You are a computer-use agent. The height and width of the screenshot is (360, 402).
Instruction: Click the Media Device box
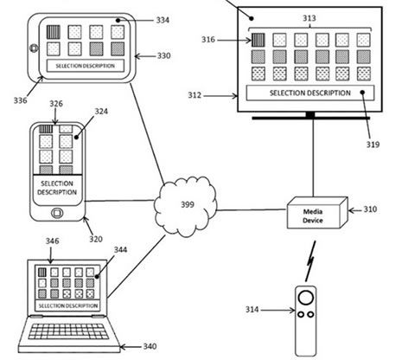point(317,213)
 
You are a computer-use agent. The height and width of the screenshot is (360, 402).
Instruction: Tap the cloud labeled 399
point(185,205)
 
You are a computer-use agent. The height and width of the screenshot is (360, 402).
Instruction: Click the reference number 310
point(370,209)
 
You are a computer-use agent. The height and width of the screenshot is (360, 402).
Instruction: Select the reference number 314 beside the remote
point(252,310)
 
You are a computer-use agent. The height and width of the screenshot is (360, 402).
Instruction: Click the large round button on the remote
point(306,298)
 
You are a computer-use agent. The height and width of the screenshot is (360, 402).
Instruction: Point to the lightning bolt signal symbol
point(310,261)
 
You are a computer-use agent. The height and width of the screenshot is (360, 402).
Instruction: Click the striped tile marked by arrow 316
point(258,40)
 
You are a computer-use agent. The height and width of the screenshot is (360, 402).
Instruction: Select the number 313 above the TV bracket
point(309,18)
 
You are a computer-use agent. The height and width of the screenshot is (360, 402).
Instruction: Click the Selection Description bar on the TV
point(310,93)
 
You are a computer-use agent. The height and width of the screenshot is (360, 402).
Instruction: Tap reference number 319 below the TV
point(373,145)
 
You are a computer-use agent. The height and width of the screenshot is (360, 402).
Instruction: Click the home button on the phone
point(57,213)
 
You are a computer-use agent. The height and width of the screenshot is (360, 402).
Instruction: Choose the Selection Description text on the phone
point(57,188)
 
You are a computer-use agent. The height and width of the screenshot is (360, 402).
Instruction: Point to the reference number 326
point(56,104)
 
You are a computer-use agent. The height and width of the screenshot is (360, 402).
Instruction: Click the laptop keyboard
point(69,331)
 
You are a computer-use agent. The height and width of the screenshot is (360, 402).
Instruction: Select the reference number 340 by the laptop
point(150,346)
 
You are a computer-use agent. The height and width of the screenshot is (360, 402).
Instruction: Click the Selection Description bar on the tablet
point(86,66)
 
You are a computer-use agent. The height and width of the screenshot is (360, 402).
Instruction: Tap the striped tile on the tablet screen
point(54,32)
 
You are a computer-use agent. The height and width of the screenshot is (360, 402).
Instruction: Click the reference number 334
point(163,20)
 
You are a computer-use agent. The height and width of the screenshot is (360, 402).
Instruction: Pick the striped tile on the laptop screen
point(42,273)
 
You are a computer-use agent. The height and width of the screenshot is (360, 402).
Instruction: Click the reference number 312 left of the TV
point(195,95)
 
